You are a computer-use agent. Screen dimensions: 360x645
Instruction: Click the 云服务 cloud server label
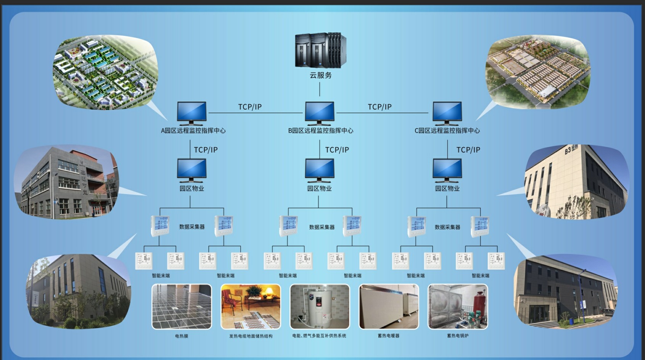click(320, 76)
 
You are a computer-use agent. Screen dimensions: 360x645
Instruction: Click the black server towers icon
click(320, 50)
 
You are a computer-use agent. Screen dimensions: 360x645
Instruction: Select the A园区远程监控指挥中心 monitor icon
click(191, 113)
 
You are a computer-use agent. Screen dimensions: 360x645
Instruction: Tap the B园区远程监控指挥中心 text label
click(320, 130)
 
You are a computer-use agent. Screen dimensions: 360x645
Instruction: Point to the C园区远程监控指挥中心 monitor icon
click(447, 113)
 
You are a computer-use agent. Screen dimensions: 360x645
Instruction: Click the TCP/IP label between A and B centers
click(250, 107)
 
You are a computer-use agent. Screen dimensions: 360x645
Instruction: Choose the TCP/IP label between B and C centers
click(380, 107)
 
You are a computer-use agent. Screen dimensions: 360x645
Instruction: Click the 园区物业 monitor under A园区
click(191, 170)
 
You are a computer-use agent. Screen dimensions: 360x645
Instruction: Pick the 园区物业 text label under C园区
click(447, 188)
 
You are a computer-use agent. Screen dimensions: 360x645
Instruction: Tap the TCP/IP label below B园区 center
click(337, 150)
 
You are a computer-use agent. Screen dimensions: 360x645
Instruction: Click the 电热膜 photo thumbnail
click(182, 307)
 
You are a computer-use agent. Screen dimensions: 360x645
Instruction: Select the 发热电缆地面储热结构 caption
click(251, 336)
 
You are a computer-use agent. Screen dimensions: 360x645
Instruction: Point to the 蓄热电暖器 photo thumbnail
click(389, 307)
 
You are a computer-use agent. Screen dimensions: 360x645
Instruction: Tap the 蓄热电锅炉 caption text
click(458, 336)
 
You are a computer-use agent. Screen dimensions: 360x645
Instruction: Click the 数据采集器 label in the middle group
click(322, 227)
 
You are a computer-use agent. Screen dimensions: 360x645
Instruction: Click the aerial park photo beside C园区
click(538, 71)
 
